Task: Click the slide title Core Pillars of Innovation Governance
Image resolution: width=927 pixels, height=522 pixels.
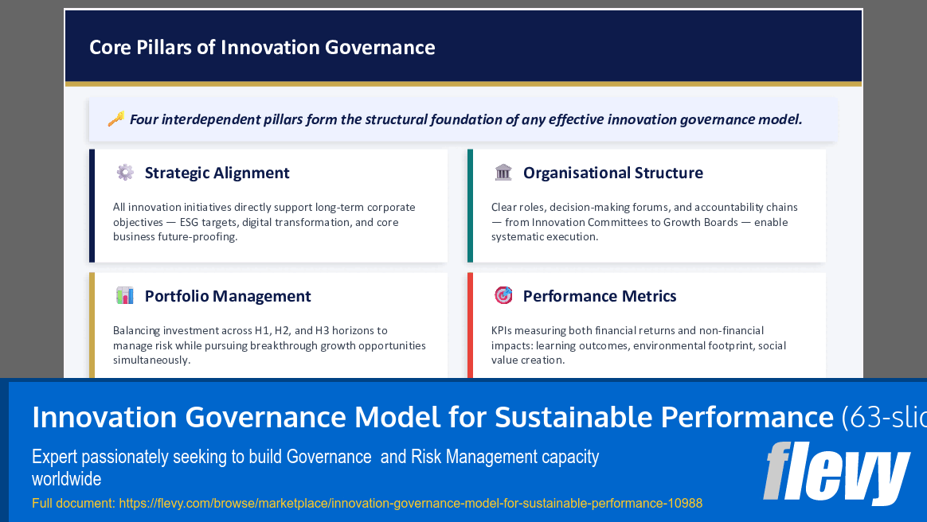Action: tap(262, 48)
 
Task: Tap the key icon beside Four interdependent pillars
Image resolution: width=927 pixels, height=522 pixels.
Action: tap(115, 119)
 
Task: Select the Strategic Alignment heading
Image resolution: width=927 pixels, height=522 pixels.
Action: tap(217, 173)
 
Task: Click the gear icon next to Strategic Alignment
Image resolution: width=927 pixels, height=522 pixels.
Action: tap(125, 172)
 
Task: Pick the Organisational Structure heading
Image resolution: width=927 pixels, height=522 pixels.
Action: tap(612, 173)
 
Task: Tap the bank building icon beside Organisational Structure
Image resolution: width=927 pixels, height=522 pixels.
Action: tap(503, 172)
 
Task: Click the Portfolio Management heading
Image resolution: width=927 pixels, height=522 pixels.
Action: tap(228, 296)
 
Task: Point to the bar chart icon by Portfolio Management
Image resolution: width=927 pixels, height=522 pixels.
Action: tap(125, 295)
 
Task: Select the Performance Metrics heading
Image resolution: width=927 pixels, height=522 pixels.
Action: tap(599, 296)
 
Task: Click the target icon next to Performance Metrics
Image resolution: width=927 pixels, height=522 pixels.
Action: tap(503, 295)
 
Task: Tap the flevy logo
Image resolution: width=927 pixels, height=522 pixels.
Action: tap(835, 473)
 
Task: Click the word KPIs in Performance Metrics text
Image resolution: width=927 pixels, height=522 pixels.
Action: tap(503, 330)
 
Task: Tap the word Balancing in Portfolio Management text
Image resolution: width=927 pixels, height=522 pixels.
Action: tap(136, 330)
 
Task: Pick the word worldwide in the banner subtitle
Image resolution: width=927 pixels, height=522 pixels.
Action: tap(66, 479)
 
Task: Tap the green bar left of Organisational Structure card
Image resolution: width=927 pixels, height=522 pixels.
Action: tap(470, 205)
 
